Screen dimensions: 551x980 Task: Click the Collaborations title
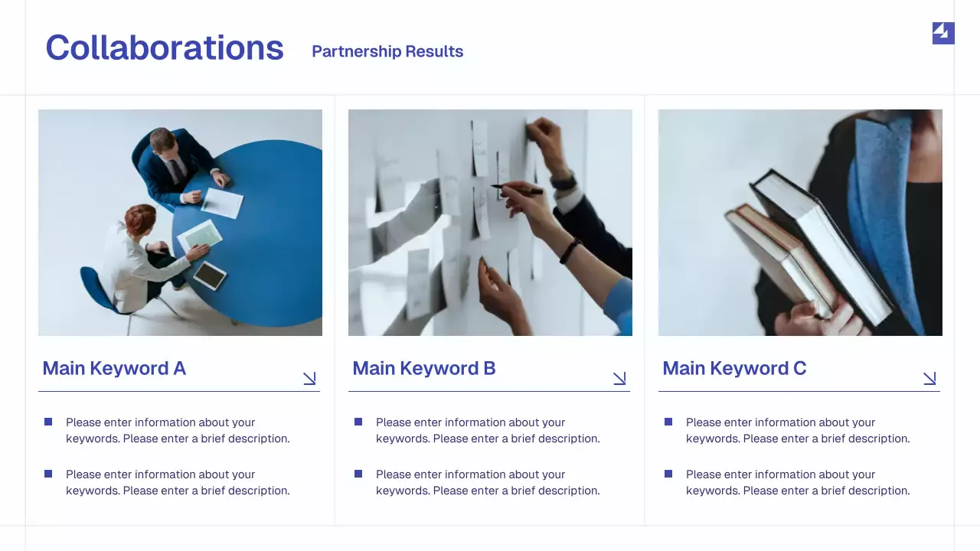[x=165, y=48]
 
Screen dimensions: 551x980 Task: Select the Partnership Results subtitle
[x=387, y=51]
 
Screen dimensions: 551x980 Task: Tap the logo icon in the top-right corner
[x=943, y=33]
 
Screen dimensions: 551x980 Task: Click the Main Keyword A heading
[x=114, y=368]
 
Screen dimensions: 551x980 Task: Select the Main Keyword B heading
[x=424, y=368]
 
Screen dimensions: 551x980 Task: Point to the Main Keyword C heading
[x=734, y=368]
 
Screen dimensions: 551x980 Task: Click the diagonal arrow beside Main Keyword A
[x=309, y=378]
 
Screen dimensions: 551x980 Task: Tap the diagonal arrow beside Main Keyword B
[x=619, y=378]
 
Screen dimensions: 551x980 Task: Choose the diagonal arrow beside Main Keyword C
[x=929, y=378]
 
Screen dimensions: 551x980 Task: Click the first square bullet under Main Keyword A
[x=48, y=422]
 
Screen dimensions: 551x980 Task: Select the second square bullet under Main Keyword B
[x=358, y=474]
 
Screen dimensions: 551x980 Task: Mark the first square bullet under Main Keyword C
[x=668, y=422]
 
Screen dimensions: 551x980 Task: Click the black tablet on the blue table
[x=210, y=275]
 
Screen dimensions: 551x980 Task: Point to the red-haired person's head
[x=139, y=220]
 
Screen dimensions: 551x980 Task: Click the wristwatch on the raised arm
[x=564, y=181]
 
